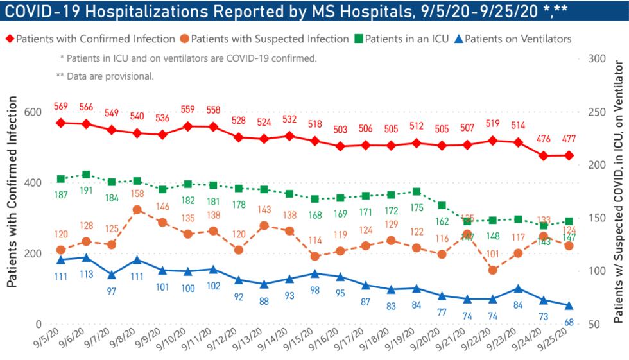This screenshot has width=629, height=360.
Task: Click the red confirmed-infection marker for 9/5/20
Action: [x=61, y=122]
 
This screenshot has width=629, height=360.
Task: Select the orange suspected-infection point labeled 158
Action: [x=137, y=210]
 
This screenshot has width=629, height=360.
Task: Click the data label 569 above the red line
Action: [x=61, y=107]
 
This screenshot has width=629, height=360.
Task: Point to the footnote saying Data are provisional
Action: [x=105, y=75]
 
